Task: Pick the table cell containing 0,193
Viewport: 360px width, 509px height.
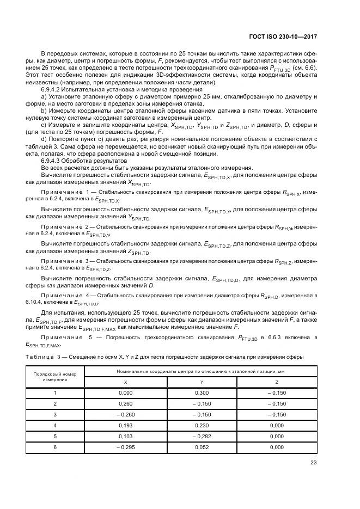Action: click(x=125, y=425)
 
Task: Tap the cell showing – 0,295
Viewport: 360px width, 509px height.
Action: click(x=125, y=447)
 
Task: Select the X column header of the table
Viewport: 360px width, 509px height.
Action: click(x=125, y=382)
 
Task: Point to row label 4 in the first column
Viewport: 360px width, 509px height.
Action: click(x=54, y=425)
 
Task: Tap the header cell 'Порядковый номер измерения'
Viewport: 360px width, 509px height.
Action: click(x=54, y=376)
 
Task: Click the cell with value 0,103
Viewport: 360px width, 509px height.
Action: click(x=125, y=436)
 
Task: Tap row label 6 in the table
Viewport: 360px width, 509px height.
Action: click(x=54, y=447)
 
